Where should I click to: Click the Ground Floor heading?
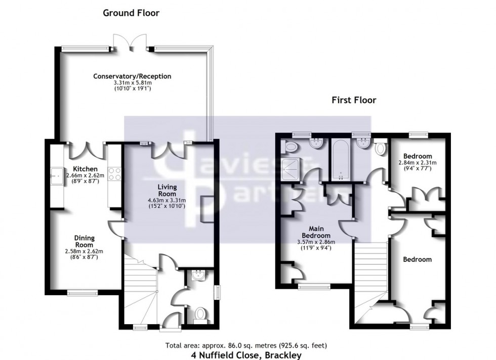pyautogui.click(x=131, y=13)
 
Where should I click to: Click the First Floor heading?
pyautogui.click(x=354, y=100)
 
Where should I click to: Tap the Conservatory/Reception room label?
pyautogui.click(x=132, y=76)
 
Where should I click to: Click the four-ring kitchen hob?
pyautogui.click(x=114, y=174)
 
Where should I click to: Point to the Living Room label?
pyautogui.click(x=166, y=191)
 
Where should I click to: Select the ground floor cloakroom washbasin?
pyautogui.click(x=201, y=276)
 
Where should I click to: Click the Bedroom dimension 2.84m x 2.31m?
pyautogui.click(x=418, y=163)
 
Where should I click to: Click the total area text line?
pyautogui.click(x=246, y=346)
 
